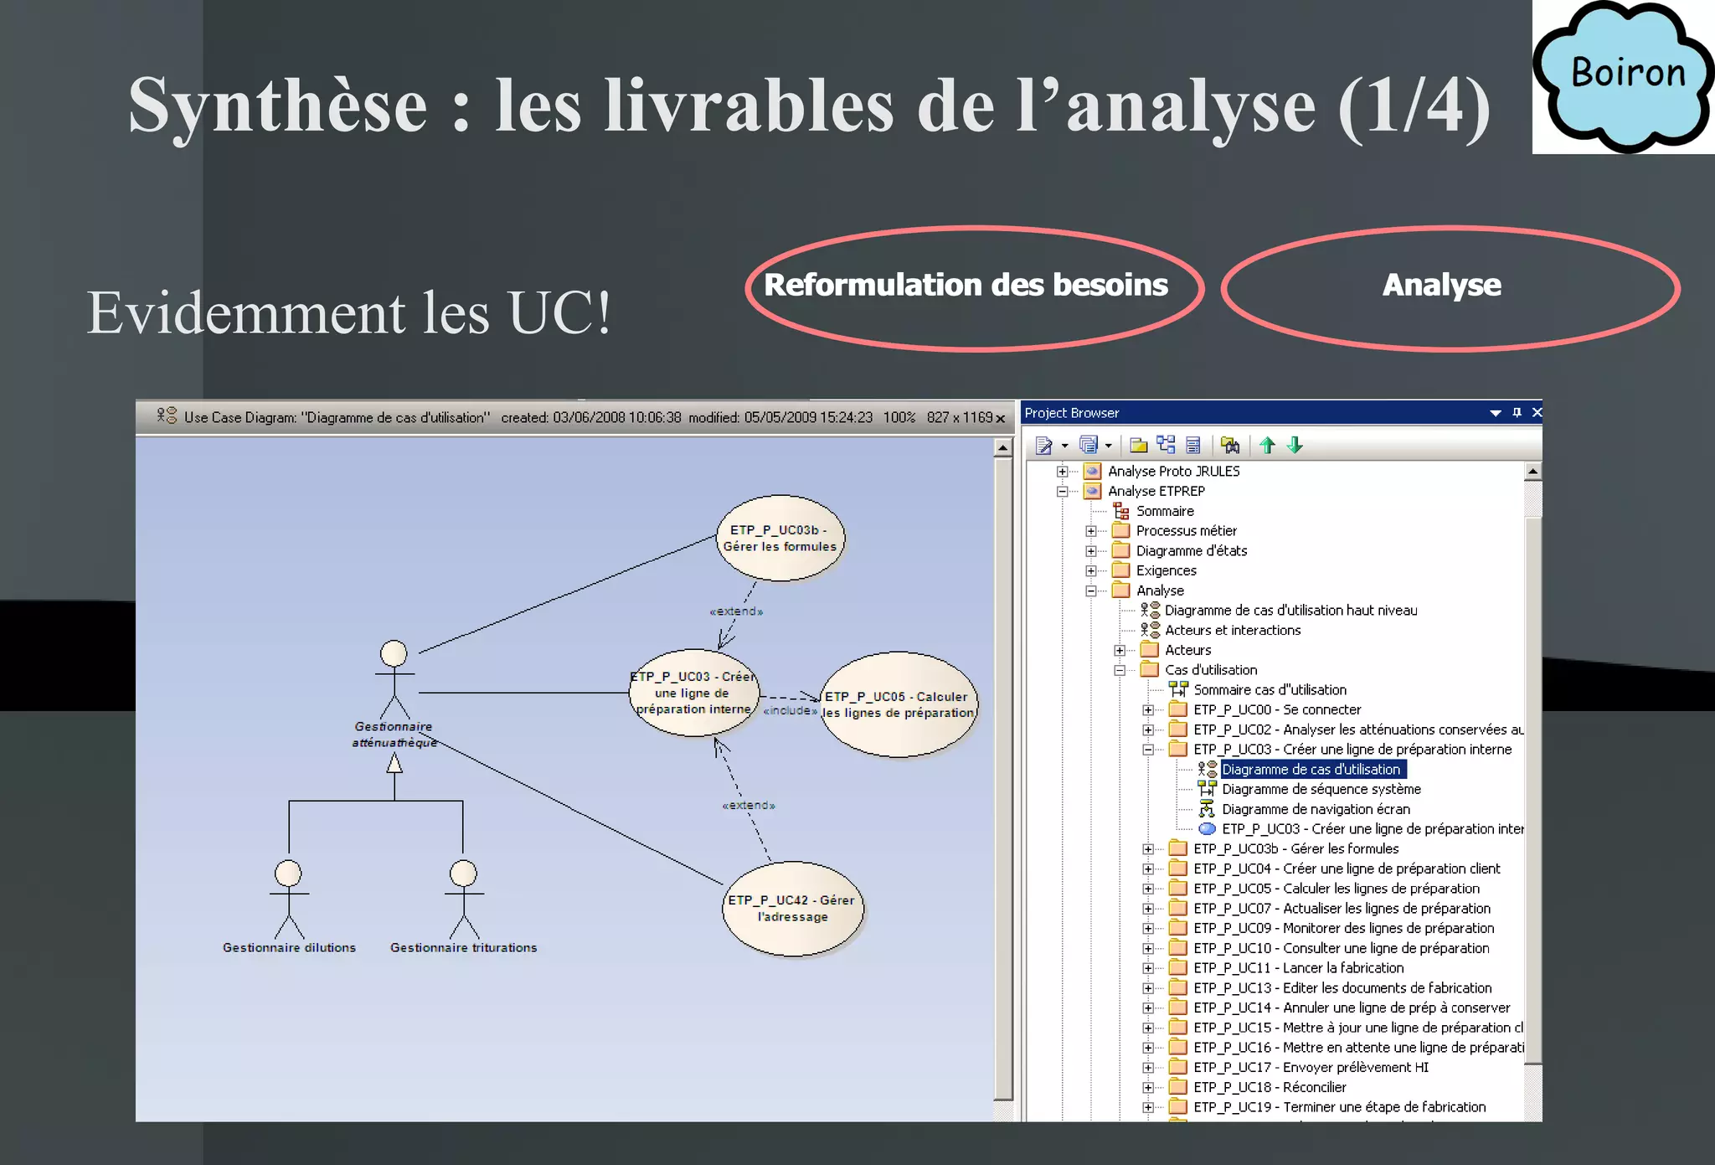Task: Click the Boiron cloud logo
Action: click(1625, 76)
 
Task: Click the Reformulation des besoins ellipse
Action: click(972, 286)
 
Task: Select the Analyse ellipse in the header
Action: click(1449, 286)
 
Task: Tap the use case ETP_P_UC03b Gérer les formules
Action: click(780, 539)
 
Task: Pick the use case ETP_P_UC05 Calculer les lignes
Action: click(899, 704)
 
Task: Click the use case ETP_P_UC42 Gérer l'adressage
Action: click(791, 908)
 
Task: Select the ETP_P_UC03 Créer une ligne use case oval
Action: click(693, 693)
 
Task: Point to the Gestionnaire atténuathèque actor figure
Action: click(394, 678)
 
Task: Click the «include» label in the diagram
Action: click(790, 711)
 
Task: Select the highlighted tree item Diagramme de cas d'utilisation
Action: click(1311, 769)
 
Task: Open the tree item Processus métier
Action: click(1186, 531)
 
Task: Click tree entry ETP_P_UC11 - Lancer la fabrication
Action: click(1298, 968)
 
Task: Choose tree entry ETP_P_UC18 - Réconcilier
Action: click(1270, 1087)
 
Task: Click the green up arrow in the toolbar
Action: click(1268, 446)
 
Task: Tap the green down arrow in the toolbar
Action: click(1295, 446)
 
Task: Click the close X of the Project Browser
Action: click(1537, 412)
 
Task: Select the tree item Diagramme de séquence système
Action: click(1321, 789)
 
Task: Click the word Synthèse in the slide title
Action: click(278, 106)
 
